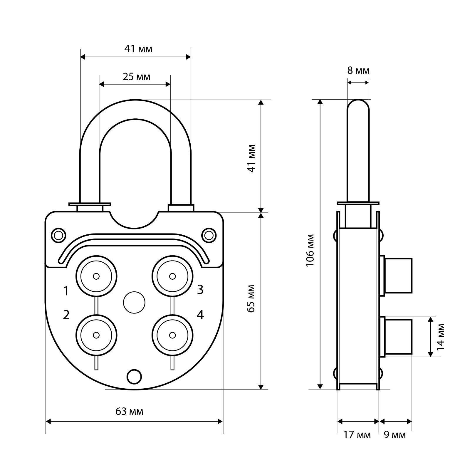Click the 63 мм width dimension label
pyautogui.click(x=130, y=412)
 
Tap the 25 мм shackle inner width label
pyautogui.click(x=136, y=77)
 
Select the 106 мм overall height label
pyautogui.click(x=310, y=250)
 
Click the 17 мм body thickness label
pyautogui.click(x=357, y=435)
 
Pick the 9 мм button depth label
pyautogui.click(x=395, y=435)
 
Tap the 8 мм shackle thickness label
pyautogui.click(x=358, y=70)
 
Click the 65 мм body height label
pyautogui.click(x=251, y=298)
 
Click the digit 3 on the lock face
pyautogui.click(x=200, y=290)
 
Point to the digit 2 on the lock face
pyautogui.click(x=66, y=315)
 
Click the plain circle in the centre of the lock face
pyautogui.click(x=134, y=303)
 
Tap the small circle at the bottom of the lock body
pyautogui.click(x=134, y=376)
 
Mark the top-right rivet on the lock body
pyautogui.click(x=209, y=235)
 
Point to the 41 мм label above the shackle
pyautogui.click(x=138, y=49)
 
